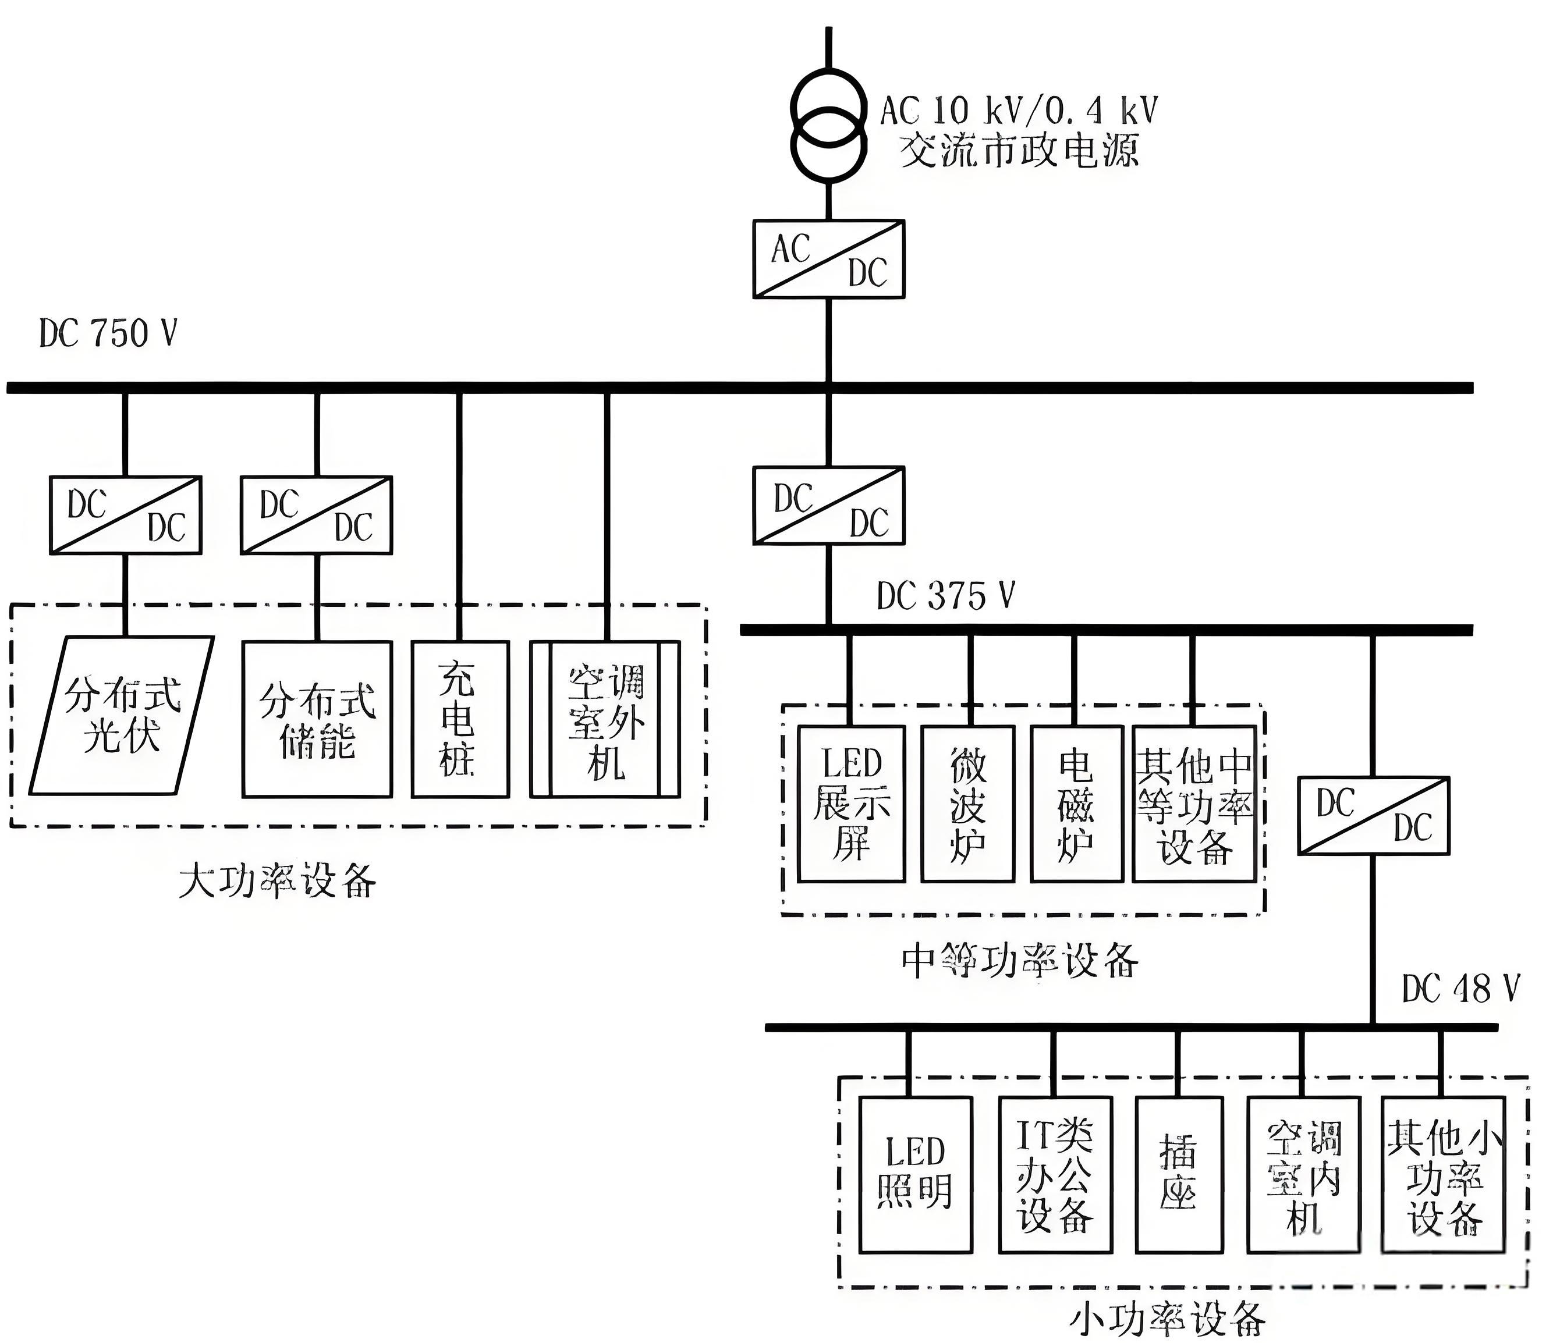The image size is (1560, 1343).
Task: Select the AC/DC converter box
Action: click(828, 259)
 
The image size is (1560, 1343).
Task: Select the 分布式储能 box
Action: click(317, 720)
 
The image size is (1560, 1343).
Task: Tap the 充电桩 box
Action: click(459, 720)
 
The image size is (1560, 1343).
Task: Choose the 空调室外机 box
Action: click(605, 720)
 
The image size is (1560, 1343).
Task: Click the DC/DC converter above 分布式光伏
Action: click(126, 516)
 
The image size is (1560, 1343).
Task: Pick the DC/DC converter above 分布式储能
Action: click(316, 516)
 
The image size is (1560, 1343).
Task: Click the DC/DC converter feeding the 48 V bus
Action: click(1373, 816)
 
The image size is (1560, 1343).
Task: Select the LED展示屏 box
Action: click(851, 804)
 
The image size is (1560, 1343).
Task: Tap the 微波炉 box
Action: click(967, 804)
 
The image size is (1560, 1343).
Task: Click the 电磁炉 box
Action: click(1076, 804)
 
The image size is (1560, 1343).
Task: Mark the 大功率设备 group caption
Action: click(277, 879)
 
